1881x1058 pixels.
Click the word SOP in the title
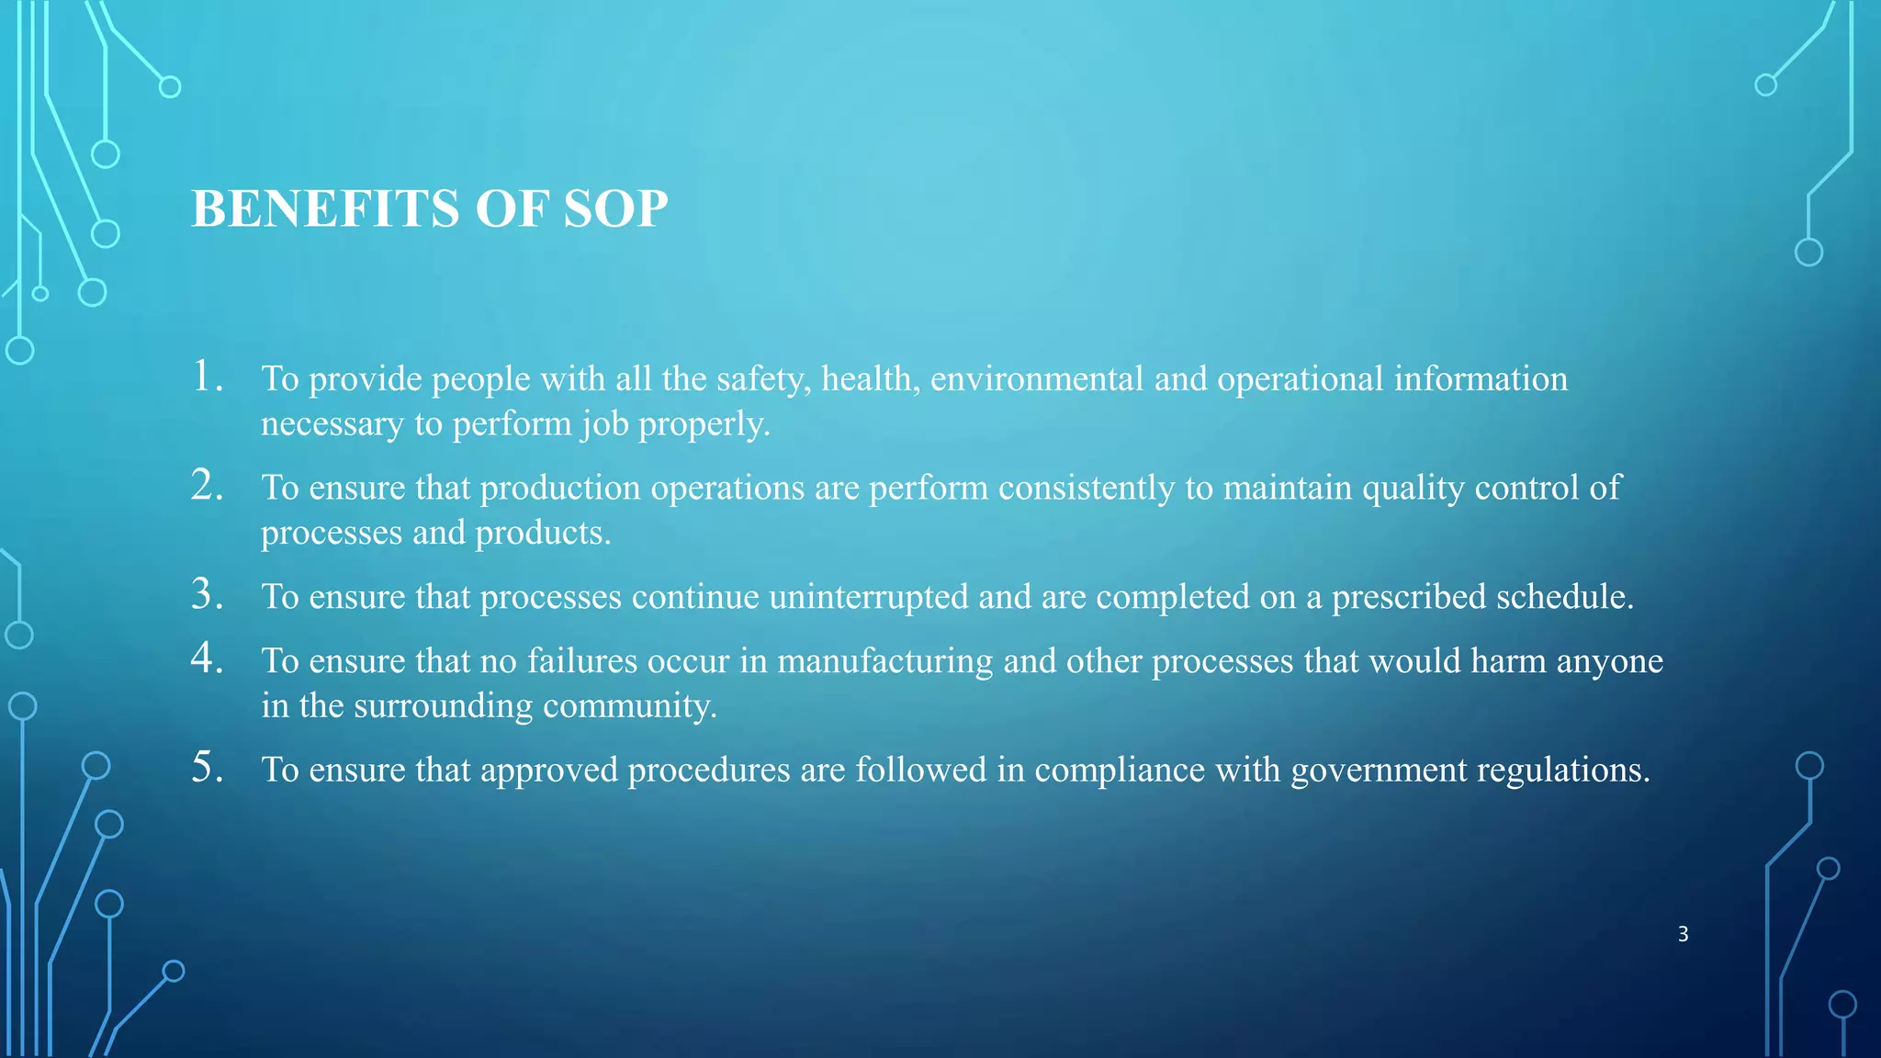pyautogui.click(x=614, y=208)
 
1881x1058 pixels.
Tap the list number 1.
pyautogui.click(x=207, y=377)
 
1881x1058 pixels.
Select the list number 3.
pyautogui.click(x=207, y=594)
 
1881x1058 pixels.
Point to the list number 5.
pyautogui.click(x=207, y=767)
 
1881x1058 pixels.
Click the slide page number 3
pyautogui.click(x=1683, y=934)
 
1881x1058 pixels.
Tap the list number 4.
pyautogui.click(x=207, y=658)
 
